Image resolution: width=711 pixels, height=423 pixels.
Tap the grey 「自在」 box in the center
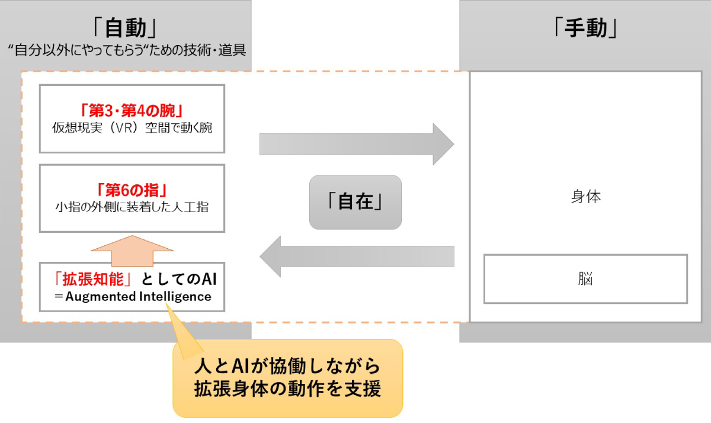coord(355,202)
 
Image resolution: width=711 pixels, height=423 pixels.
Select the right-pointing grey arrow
coord(356,144)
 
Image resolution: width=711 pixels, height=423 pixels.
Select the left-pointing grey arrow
coord(356,256)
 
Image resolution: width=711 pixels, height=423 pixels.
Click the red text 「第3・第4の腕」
coord(132,110)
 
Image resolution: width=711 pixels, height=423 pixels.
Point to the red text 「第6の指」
coord(132,191)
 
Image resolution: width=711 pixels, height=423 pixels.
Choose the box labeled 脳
coord(585,278)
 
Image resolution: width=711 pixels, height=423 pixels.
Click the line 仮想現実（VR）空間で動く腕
coord(132,128)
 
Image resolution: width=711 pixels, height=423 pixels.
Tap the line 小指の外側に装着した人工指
coord(132,207)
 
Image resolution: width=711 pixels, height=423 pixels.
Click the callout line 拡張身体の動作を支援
coord(287,390)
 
